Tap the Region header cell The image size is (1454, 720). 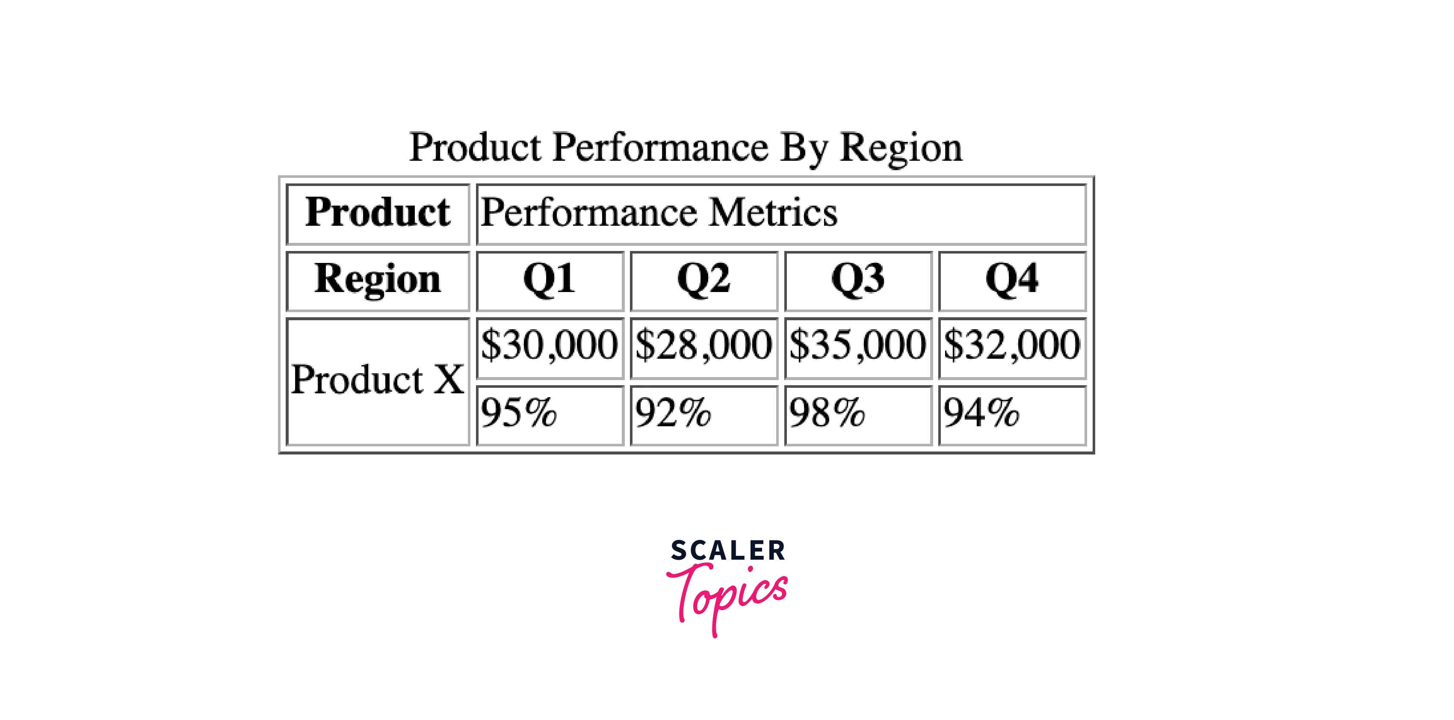coord(378,280)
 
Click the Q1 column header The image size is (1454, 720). coord(550,280)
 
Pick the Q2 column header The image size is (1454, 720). coord(704,280)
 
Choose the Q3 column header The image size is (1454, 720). coord(858,280)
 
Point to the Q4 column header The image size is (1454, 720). coord(1013,280)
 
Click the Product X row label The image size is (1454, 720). coord(378,381)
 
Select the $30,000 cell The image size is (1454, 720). coord(550,348)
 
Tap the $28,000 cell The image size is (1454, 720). coord(704,348)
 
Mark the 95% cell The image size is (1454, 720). coord(550,415)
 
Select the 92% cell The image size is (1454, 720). coord(704,415)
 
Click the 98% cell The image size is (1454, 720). coord(858,415)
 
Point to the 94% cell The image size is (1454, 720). coord(1013,415)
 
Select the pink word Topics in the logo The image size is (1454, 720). coord(727,600)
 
